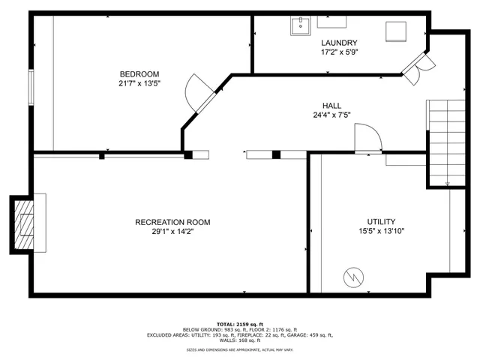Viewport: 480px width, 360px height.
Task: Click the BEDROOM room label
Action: pos(139,73)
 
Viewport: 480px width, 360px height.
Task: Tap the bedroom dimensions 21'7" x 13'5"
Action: pos(139,83)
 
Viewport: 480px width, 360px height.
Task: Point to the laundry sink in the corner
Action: pos(300,26)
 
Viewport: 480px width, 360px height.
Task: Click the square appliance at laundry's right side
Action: pos(394,32)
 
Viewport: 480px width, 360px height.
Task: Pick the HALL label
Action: pos(332,106)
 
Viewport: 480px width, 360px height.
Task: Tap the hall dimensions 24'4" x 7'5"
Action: pos(332,115)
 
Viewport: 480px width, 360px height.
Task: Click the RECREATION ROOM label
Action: pos(172,222)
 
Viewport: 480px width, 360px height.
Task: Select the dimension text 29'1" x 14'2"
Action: pos(172,232)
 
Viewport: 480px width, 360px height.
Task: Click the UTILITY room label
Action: pos(381,222)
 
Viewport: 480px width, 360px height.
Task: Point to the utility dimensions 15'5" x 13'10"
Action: pos(381,232)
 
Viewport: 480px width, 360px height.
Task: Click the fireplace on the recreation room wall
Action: pos(27,224)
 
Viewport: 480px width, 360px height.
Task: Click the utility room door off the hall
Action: pos(367,139)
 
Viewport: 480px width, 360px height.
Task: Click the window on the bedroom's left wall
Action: pos(31,88)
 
